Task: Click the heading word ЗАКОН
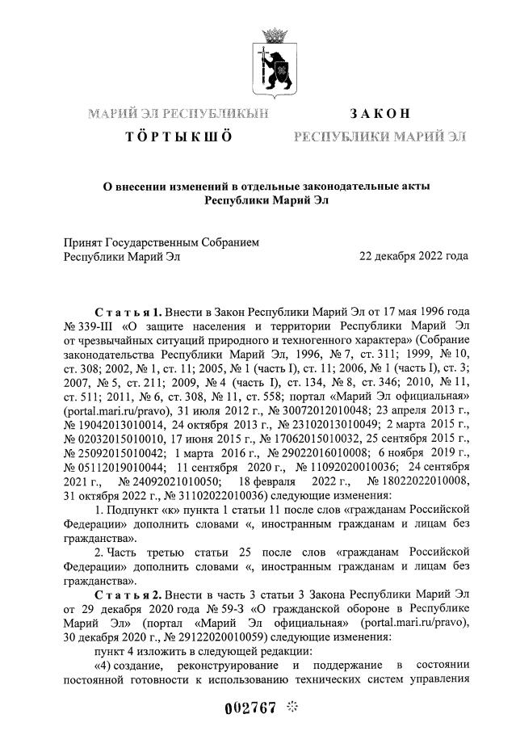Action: tap(380, 113)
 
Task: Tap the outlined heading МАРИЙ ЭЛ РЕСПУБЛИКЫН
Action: tap(178, 113)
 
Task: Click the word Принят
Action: tap(82, 241)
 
